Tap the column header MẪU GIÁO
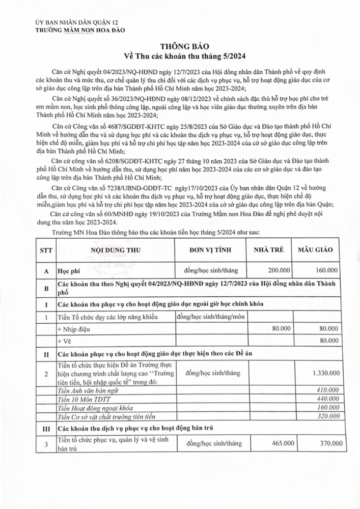point(320,250)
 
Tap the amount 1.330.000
point(324,373)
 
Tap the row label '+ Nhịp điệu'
point(72,329)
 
